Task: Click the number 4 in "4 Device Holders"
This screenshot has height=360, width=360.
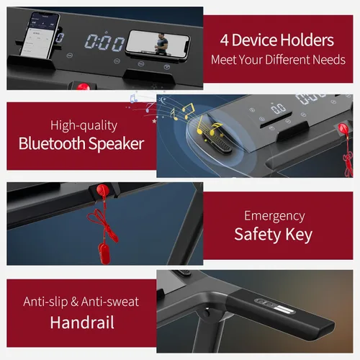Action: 224,40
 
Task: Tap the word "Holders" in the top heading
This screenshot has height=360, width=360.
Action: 307,40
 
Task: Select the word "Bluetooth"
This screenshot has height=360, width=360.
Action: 52,143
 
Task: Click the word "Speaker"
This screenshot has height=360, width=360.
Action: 116,144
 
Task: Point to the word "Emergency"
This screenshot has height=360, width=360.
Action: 274,216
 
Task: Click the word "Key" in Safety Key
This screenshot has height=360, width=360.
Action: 299,235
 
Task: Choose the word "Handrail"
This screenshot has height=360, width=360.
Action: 82,323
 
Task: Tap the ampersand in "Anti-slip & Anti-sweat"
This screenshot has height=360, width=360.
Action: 75,302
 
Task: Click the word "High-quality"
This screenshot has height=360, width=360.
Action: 84,125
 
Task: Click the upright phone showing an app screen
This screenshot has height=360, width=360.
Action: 41,35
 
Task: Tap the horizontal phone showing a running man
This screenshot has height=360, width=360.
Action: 158,45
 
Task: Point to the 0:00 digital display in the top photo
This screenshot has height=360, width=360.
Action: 104,42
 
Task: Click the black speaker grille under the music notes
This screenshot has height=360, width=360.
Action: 217,143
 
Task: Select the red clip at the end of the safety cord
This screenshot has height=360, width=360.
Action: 104,253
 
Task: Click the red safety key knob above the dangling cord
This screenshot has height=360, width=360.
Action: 103,189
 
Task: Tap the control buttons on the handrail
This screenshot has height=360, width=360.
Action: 274,305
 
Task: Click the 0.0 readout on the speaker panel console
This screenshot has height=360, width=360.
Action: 278,109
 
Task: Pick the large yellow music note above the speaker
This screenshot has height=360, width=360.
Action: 188,111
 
